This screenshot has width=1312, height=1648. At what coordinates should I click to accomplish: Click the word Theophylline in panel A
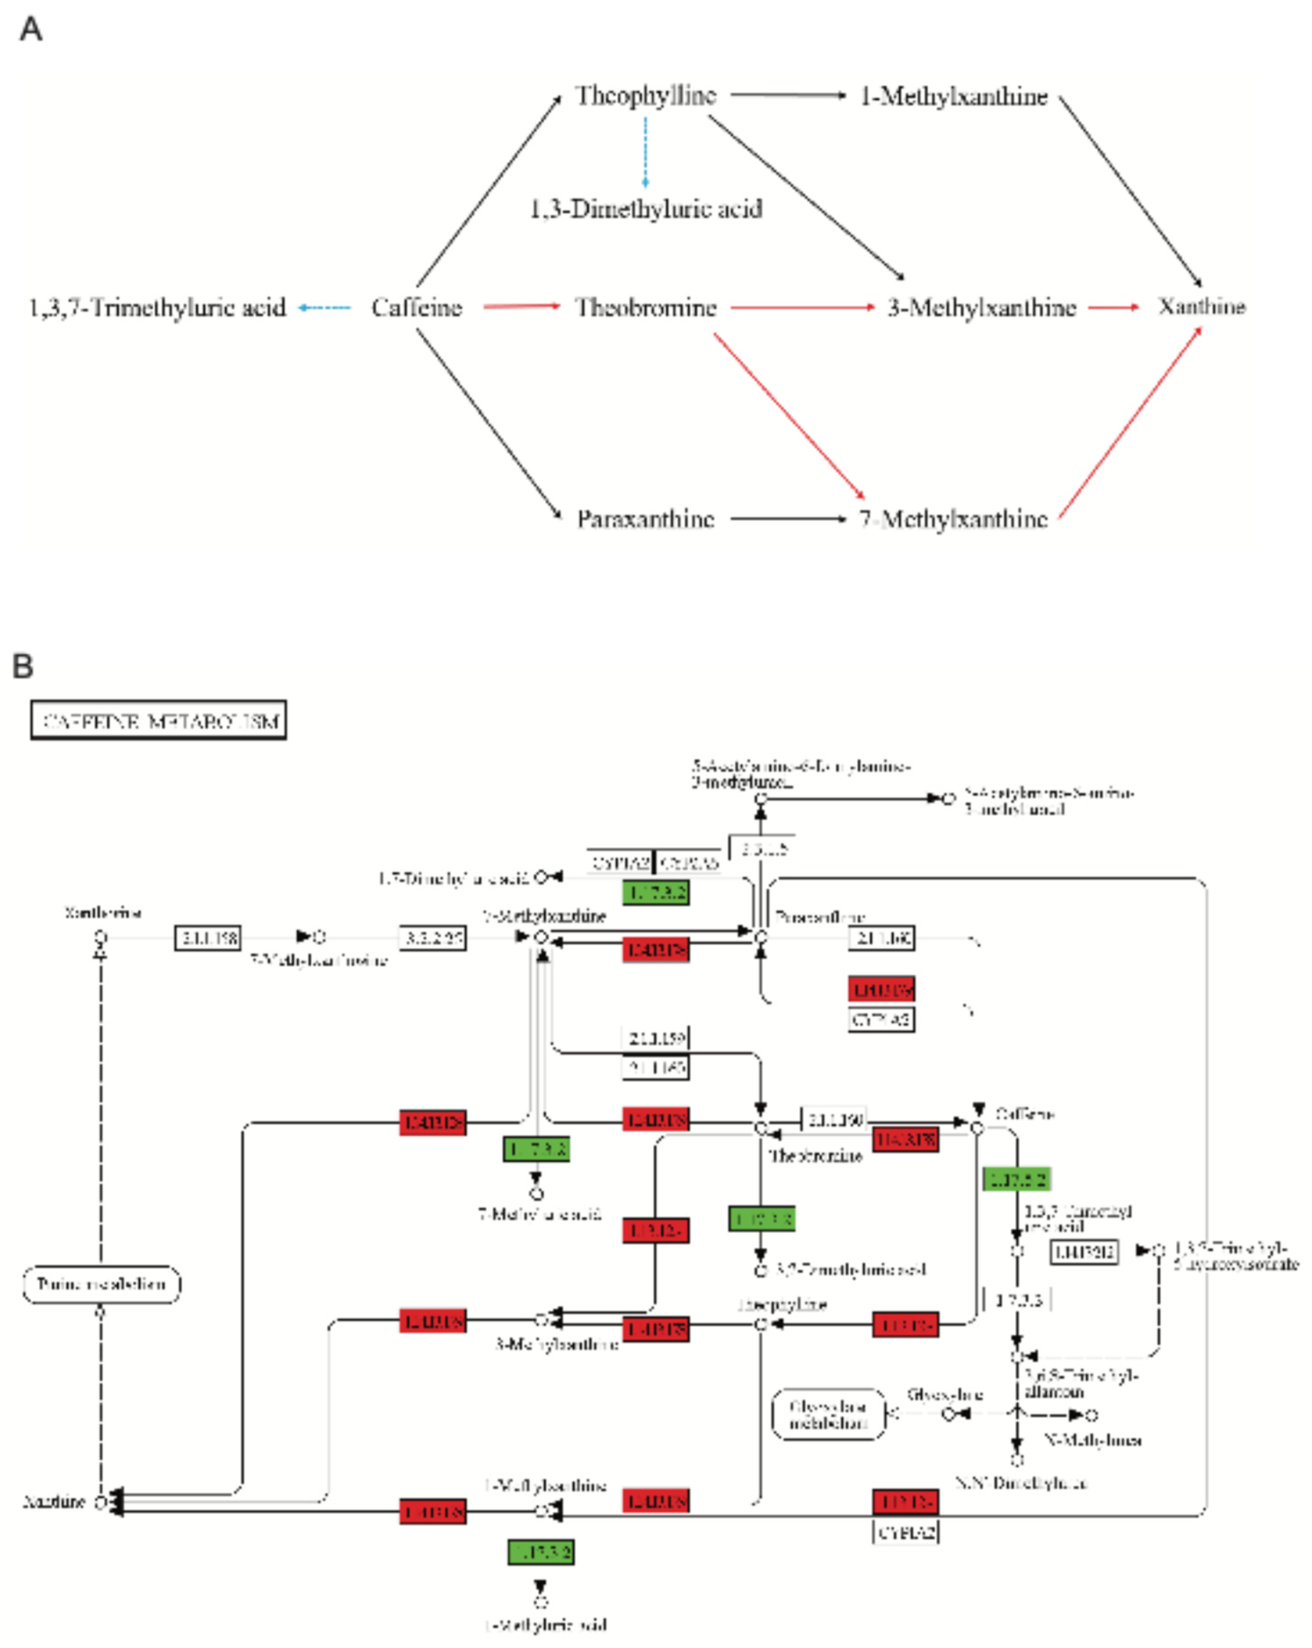[x=646, y=96]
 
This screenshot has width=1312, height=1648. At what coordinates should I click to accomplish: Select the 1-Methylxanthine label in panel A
[x=953, y=96]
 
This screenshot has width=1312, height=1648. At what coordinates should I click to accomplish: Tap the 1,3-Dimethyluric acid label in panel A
[x=646, y=209]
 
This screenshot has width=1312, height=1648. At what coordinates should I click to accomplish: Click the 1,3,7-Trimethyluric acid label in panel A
[x=157, y=307]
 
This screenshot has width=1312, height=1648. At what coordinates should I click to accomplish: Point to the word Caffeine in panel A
[x=417, y=307]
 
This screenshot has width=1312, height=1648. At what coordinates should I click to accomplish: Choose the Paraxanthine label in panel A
[x=646, y=519]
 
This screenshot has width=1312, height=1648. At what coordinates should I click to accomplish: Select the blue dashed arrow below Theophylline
[x=646, y=151]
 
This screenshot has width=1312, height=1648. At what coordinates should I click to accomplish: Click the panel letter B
[x=23, y=666]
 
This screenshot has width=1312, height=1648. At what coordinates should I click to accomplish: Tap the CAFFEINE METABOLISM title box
[x=158, y=720]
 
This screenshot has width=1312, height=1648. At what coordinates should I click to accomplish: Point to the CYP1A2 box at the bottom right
[x=905, y=1532]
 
